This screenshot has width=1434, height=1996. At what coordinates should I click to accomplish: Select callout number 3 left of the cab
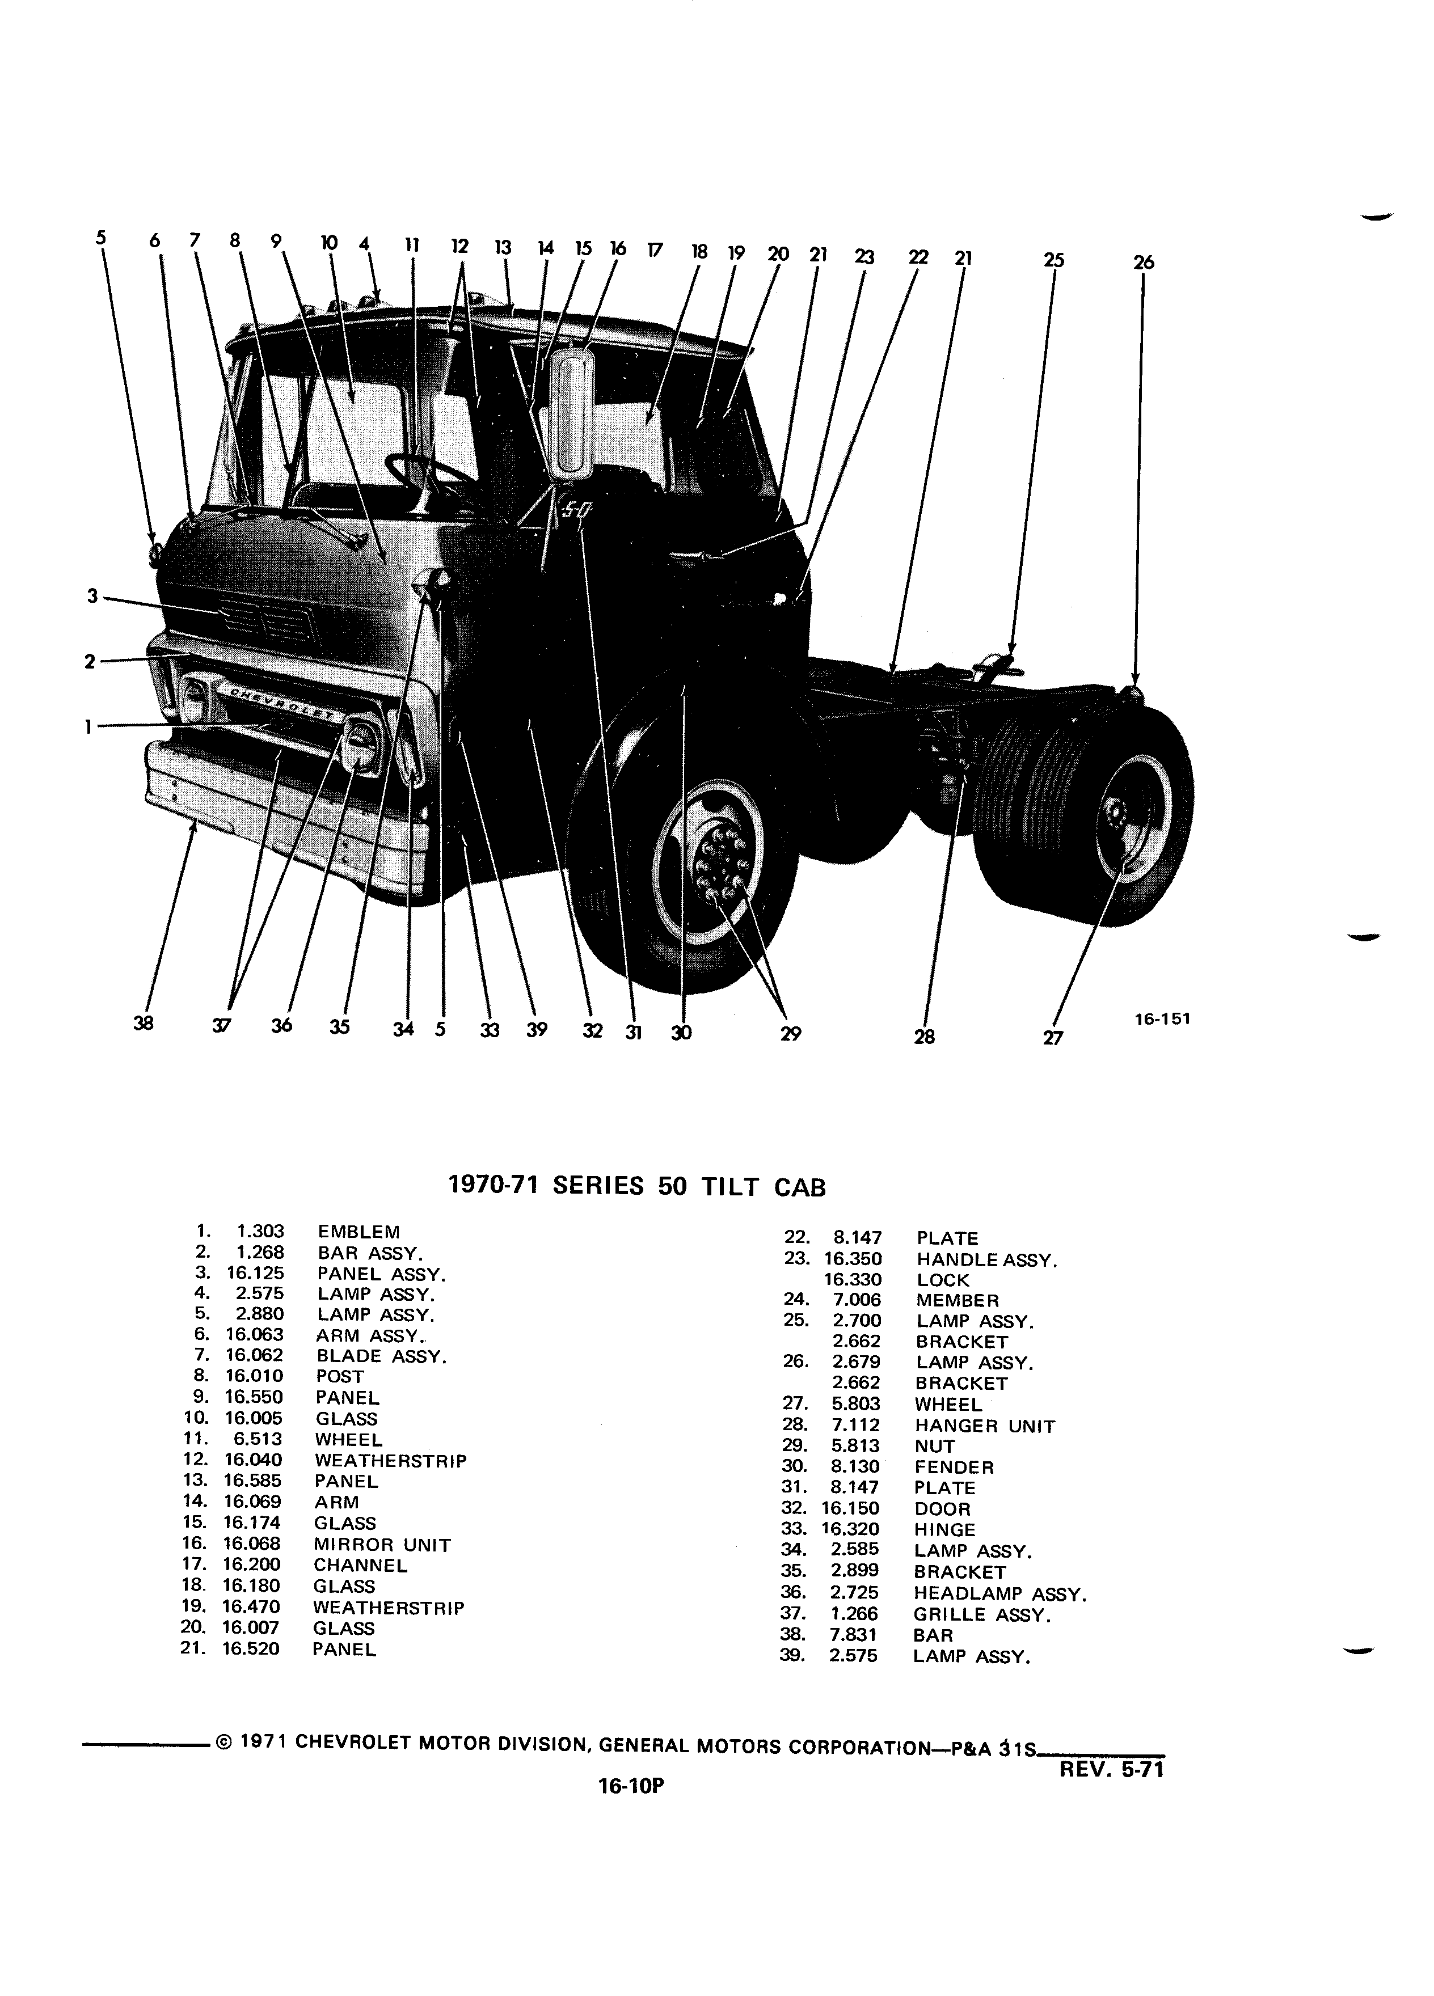(91, 596)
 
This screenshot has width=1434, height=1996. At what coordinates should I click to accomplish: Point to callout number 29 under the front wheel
(791, 1034)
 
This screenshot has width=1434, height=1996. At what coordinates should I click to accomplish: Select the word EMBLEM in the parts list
(358, 1231)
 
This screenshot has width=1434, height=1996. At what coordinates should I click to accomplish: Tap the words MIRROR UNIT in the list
(382, 1545)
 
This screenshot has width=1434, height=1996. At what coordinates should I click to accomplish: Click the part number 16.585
(254, 1481)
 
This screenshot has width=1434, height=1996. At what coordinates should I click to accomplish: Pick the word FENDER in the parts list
(954, 1467)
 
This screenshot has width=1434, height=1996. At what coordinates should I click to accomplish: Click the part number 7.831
(853, 1635)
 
